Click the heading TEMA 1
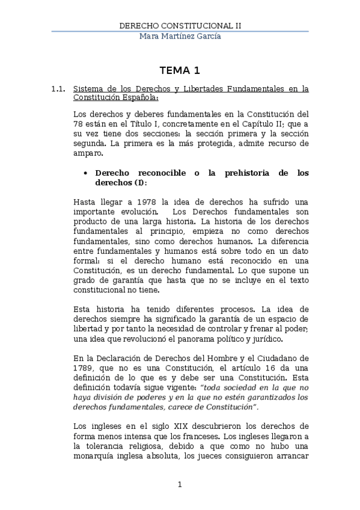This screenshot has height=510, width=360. coord(180,70)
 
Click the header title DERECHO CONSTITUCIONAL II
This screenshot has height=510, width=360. coord(180,26)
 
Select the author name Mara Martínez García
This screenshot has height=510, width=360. coord(180,37)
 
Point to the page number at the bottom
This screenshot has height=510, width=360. coord(180,484)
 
